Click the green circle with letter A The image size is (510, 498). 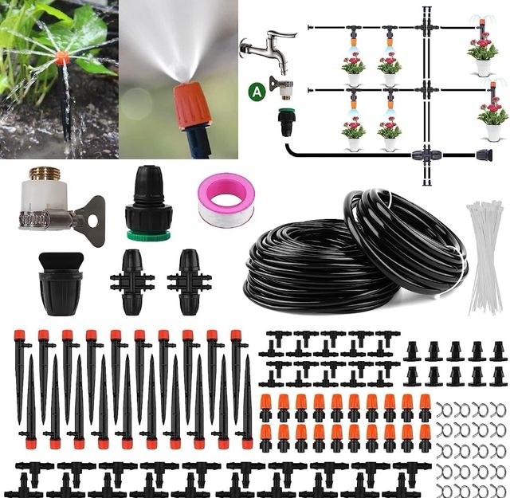pos(257,91)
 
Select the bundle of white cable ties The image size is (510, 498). pos(485,257)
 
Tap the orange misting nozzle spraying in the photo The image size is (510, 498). pos(193,104)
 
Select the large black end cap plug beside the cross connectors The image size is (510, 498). pos(61,284)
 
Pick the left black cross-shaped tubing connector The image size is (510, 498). pos(132,282)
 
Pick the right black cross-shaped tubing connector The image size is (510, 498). pos(190,282)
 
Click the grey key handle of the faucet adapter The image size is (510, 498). pos(90,221)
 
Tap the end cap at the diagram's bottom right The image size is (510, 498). pos(484,155)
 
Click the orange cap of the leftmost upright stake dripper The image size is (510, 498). pos(19,335)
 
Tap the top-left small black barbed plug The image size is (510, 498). pos(412,351)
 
